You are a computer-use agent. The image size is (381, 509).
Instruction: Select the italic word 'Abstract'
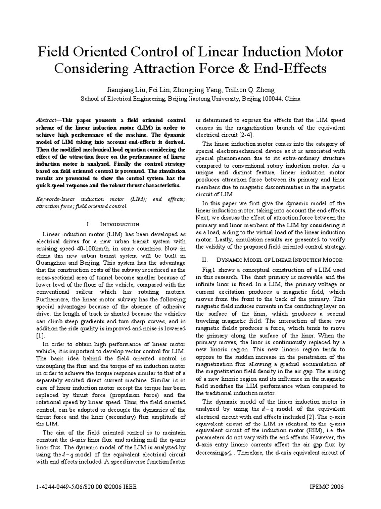click(x=48, y=121)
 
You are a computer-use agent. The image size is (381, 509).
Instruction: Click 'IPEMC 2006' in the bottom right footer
click(x=326, y=486)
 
